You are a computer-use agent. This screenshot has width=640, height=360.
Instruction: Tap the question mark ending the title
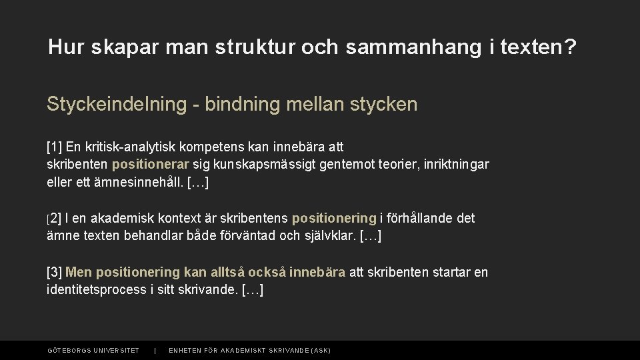[571, 47]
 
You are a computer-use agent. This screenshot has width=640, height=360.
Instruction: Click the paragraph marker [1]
[54, 146]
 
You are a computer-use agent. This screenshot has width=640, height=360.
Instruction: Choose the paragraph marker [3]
[54, 272]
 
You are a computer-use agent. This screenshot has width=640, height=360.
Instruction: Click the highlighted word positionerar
[151, 164]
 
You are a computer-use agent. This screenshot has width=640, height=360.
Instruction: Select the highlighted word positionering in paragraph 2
[334, 218]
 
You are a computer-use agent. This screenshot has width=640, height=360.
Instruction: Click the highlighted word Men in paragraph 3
[79, 272]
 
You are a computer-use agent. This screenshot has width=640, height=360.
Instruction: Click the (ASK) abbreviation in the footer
[320, 351]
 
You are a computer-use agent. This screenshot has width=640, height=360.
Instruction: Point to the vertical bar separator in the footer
[155, 351]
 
